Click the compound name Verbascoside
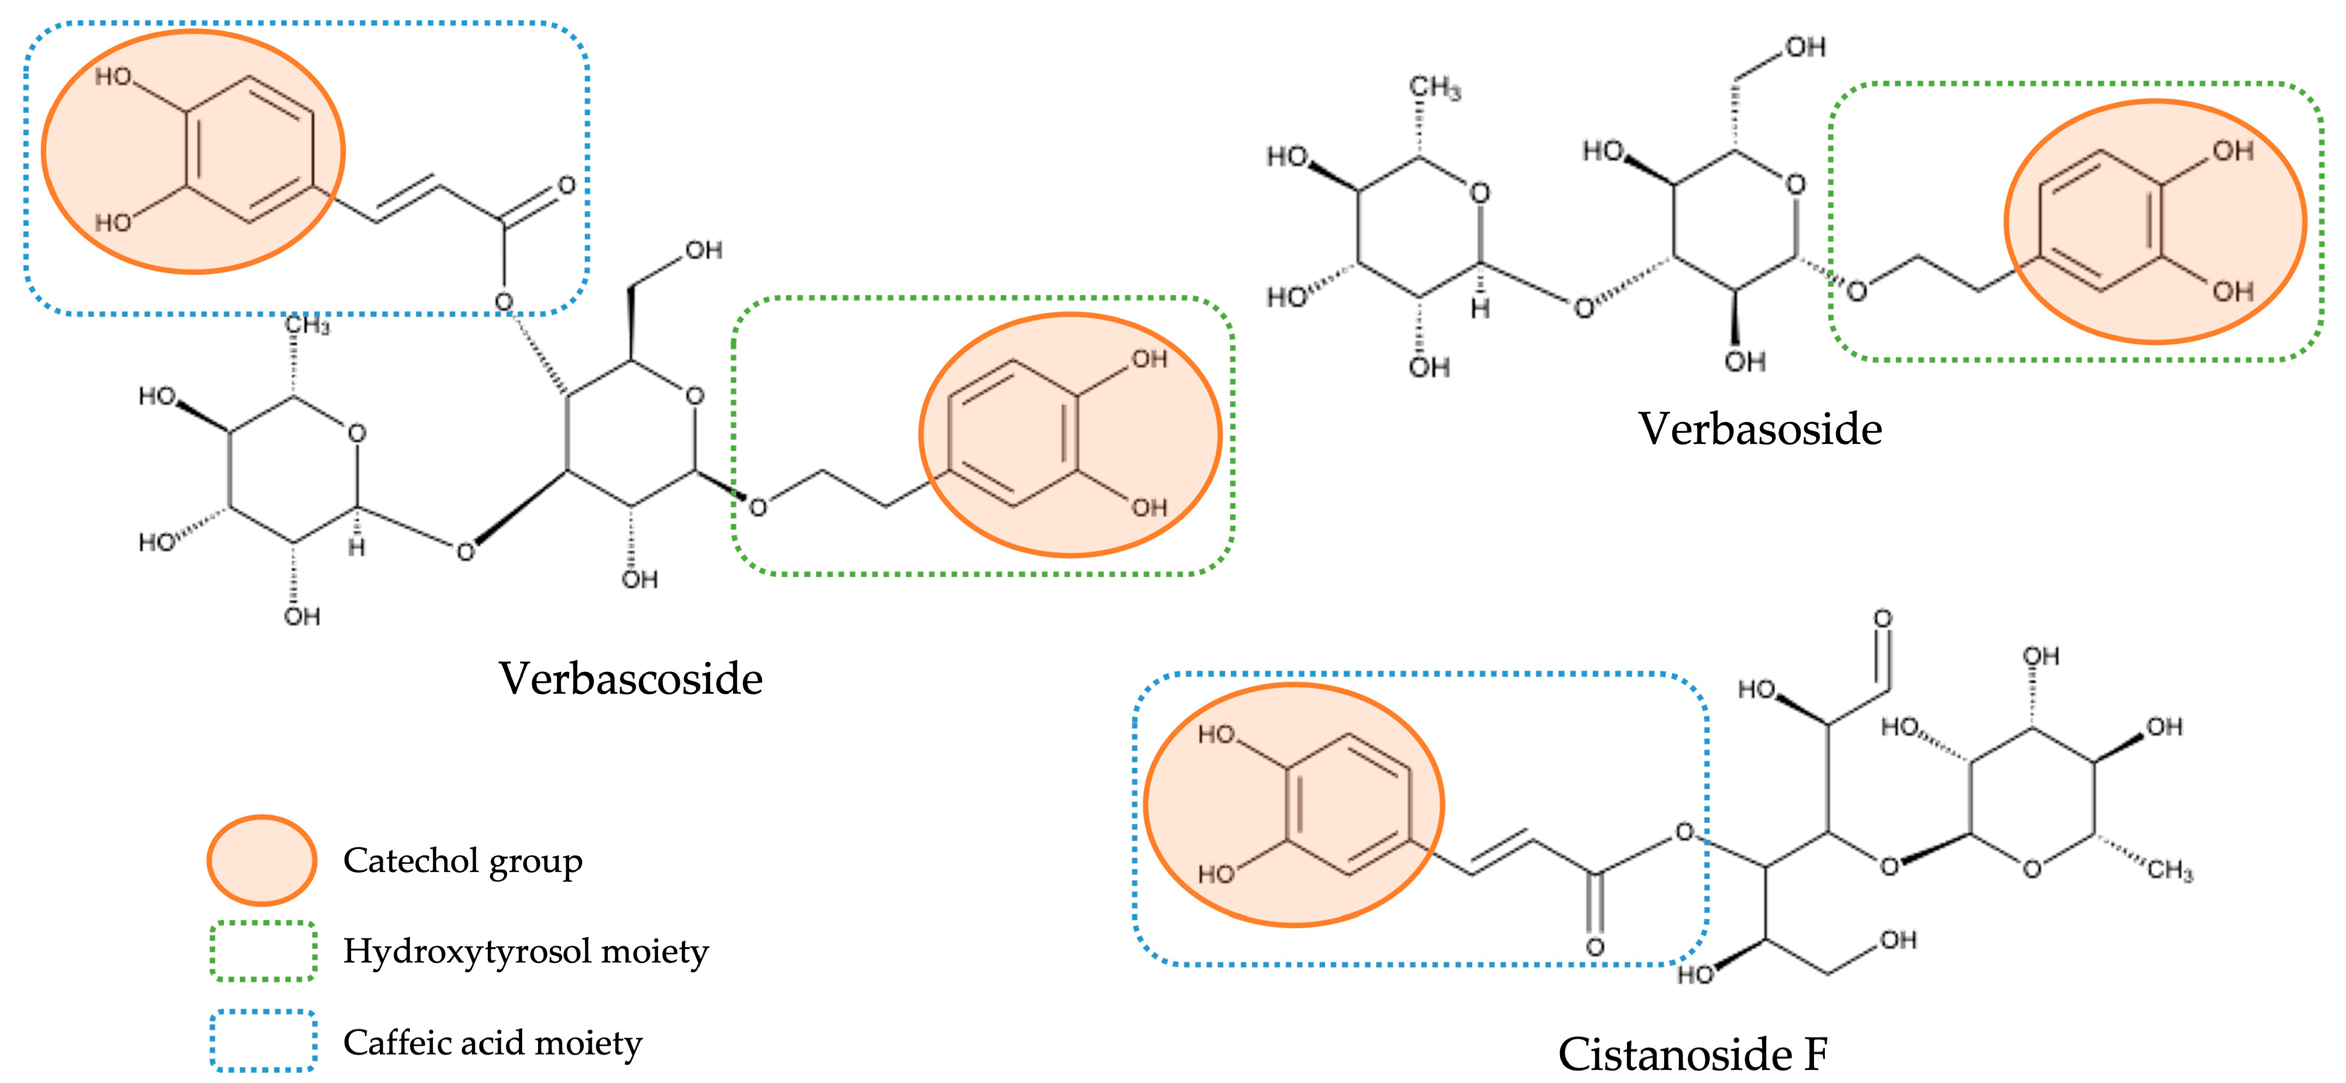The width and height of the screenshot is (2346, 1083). [x=630, y=678]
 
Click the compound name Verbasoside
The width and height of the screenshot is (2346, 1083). [x=1759, y=429]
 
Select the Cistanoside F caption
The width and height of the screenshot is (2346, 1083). [x=1692, y=1055]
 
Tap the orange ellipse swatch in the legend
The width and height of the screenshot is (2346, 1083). [x=262, y=860]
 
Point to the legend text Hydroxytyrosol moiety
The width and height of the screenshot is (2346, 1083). [x=525, y=951]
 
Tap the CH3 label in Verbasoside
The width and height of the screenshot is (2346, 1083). [x=1435, y=88]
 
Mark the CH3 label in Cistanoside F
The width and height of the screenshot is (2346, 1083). [x=2170, y=871]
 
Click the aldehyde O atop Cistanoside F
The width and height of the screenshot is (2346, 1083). [x=1883, y=619]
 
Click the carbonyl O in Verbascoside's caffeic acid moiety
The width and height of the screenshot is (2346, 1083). [x=566, y=186]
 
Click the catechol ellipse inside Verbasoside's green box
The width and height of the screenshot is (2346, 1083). [x=2155, y=221]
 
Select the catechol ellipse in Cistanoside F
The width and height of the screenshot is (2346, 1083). [x=1293, y=805]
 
